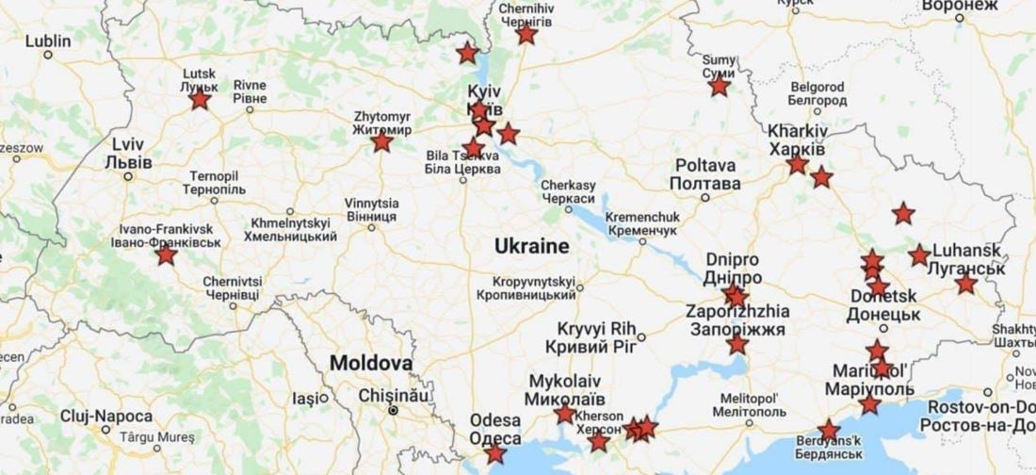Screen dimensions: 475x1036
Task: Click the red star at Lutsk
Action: pyautogui.click(x=200, y=99)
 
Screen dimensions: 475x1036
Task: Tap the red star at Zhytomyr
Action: pyautogui.click(x=381, y=142)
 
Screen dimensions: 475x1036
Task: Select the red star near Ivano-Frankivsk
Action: pyautogui.click(x=167, y=255)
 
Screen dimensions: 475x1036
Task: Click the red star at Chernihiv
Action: pyautogui.click(x=526, y=35)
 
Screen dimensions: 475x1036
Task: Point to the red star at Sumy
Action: pyautogui.click(x=720, y=87)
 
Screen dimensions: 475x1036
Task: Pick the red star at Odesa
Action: pyautogui.click(x=494, y=454)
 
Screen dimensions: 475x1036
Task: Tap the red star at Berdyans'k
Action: pyautogui.click(x=829, y=431)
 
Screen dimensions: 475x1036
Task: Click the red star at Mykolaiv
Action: pyautogui.click(x=564, y=414)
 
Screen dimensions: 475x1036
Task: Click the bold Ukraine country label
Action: pyautogui.click(x=532, y=247)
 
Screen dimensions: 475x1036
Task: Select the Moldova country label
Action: pyautogui.click(x=371, y=363)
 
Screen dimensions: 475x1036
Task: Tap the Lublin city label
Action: pyautogui.click(x=48, y=41)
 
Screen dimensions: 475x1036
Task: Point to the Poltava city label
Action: pyautogui.click(x=706, y=174)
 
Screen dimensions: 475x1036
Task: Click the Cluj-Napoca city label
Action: pyautogui.click(x=105, y=416)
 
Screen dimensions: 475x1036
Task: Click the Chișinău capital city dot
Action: pyautogui.click(x=394, y=411)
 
